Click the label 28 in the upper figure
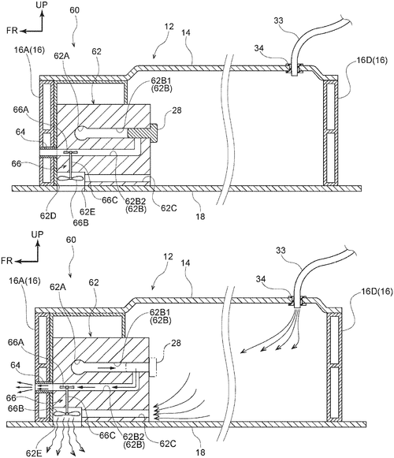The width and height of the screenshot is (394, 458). click(177, 110)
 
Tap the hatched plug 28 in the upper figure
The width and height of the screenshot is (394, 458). click(143, 133)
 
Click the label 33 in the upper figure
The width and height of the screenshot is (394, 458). click(279, 20)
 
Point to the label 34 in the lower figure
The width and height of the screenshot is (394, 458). click(261, 279)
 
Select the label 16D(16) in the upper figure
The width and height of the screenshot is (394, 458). click(372, 61)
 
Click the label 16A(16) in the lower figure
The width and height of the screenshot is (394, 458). click(25, 281)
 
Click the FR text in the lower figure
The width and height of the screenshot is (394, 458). click(7, 261)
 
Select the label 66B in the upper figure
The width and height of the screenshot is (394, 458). click(81, 222)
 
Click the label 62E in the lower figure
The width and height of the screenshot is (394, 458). click(34, 453)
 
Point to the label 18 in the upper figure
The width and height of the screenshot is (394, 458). click(201, 217)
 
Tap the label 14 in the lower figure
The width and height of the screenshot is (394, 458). click(185, 263)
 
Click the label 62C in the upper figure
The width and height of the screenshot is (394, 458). click(169, 208)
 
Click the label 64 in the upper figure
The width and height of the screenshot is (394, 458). click(20, 132)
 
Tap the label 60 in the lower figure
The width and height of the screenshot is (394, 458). click(71, 240)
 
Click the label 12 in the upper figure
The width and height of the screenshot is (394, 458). click(169, 27)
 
